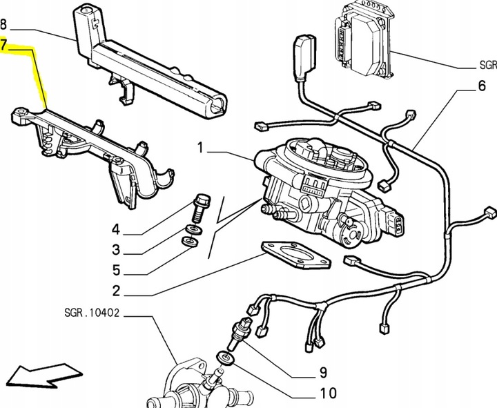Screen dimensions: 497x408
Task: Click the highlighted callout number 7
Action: pos(4,45)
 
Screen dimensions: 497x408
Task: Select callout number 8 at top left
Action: pos(3,24)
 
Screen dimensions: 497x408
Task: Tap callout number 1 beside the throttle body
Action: pos(200,148)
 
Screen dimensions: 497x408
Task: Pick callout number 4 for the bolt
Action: pos(116,229)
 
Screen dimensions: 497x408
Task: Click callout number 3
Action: pos(117,250)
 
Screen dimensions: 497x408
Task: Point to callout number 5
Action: pos(117,271)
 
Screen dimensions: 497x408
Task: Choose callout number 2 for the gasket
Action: pos(117,291)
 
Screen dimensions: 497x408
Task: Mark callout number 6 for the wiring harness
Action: pos(481,86)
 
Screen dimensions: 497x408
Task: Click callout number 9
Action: pos(322,372)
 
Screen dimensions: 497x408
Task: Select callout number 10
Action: pos(328,393)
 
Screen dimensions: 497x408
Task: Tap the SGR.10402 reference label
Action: pos(92,313)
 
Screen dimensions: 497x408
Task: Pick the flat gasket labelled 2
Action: pos(296,255)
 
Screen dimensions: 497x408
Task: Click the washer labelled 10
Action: pos(225,358)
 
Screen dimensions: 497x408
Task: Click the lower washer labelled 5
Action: pos(190,241)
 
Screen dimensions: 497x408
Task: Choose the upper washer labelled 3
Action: pos(194,229)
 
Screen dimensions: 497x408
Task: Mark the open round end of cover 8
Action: pos(217,106)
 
